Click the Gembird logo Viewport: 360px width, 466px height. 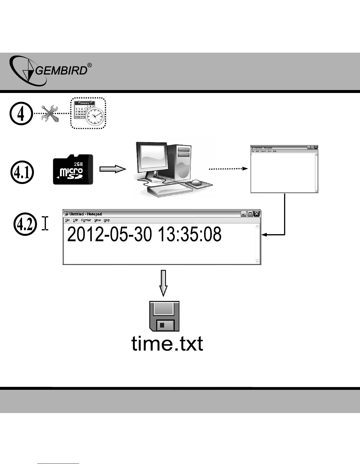tap(50, 71)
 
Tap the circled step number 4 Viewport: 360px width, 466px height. tap(21, 114)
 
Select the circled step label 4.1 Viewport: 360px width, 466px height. tap(22, 173)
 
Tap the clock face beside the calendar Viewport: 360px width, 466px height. tap(95, 117)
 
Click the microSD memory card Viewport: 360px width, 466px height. tap(73, 170)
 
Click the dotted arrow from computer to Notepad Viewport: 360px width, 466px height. tap(228, 169)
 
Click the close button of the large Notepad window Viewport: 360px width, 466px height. tap(257, 214)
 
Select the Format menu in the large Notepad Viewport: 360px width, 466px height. tap(86, 220)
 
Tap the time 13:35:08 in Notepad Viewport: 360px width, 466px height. tap(189, 235)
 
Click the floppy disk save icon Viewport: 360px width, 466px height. tap(164, 316)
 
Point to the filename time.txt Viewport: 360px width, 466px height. tap(167, 344)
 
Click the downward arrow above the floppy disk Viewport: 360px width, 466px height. tap(164, 283)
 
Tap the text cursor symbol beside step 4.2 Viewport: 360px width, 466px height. tap(45, 223)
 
